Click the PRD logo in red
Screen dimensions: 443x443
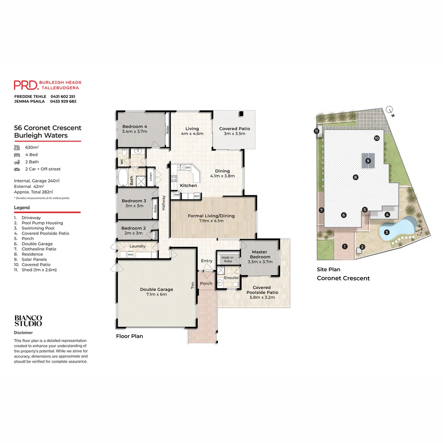coord(26,85)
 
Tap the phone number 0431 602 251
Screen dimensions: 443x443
coord(63,96)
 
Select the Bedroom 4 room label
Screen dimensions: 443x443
coord(135,126)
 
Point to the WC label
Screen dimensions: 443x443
coord(122,162)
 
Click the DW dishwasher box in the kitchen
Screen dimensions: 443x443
coord(187,168)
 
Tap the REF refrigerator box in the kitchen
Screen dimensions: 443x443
coord(196,196)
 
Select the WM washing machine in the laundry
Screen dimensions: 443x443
coord(130,255)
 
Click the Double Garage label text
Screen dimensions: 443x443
coord(156,289)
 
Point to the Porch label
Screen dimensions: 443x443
coord(206,283)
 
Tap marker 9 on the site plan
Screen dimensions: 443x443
coord(368,161)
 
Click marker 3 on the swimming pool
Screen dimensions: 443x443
coord(386,233)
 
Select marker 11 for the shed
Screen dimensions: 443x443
coord(316,131)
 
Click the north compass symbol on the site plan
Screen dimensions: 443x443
coord(390,110)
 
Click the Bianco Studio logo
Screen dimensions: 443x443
coord(28,320)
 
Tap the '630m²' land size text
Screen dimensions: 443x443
coord(32,147)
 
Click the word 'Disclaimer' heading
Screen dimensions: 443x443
coord(23,333)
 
